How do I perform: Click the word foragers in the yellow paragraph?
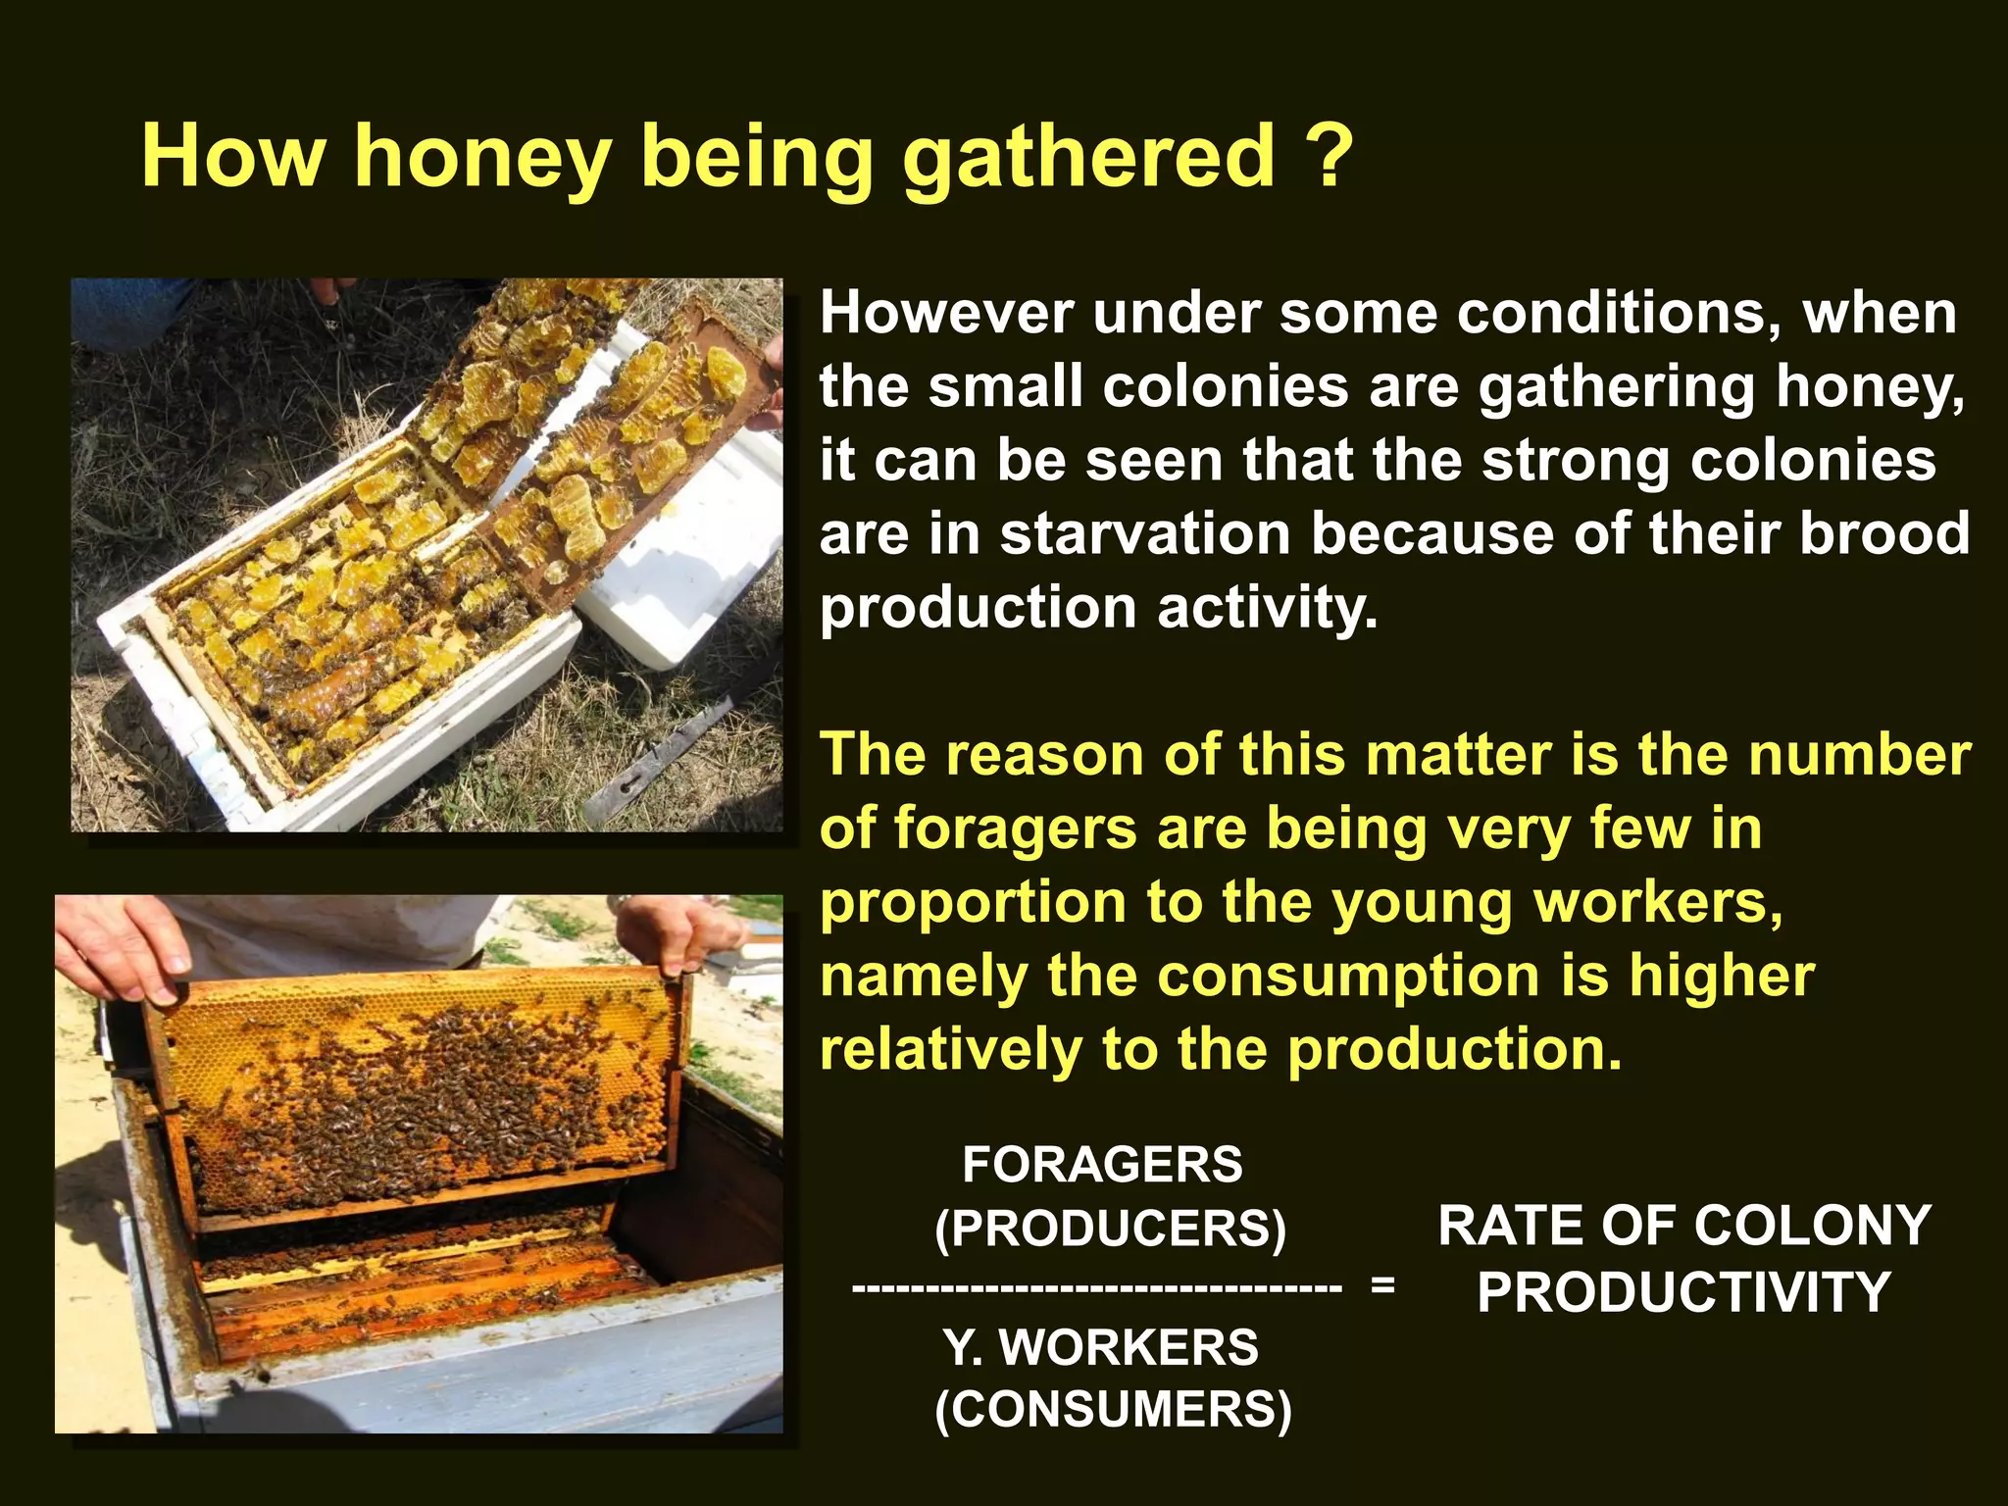[1014, 829]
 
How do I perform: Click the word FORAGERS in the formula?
[1102, 1165]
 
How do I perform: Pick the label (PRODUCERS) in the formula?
[1110, 1229]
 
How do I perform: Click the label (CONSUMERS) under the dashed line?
[1113, 1410]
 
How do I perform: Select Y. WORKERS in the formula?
[1101, 1347]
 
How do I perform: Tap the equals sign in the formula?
[1382, 1285]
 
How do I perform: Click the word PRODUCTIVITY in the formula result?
[1683, 1292]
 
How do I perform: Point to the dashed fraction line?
[1096, 1287]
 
